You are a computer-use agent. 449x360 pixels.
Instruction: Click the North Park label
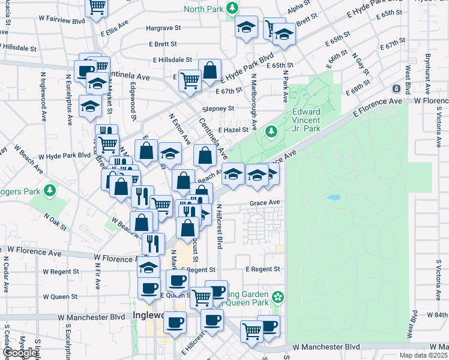[203, 9]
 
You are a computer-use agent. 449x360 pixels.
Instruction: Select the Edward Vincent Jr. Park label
[306, 120]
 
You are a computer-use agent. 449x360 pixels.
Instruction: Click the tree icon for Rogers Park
[50, 191]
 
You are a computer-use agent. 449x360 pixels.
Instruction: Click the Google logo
[20, 353]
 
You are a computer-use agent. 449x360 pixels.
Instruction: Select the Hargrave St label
[162, 28]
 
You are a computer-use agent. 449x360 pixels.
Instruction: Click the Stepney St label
[217, 109]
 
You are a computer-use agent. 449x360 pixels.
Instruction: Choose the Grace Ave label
[265, 203]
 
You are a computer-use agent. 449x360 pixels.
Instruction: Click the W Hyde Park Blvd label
[64, 155]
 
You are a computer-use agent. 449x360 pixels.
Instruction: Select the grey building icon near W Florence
[396, 89]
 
